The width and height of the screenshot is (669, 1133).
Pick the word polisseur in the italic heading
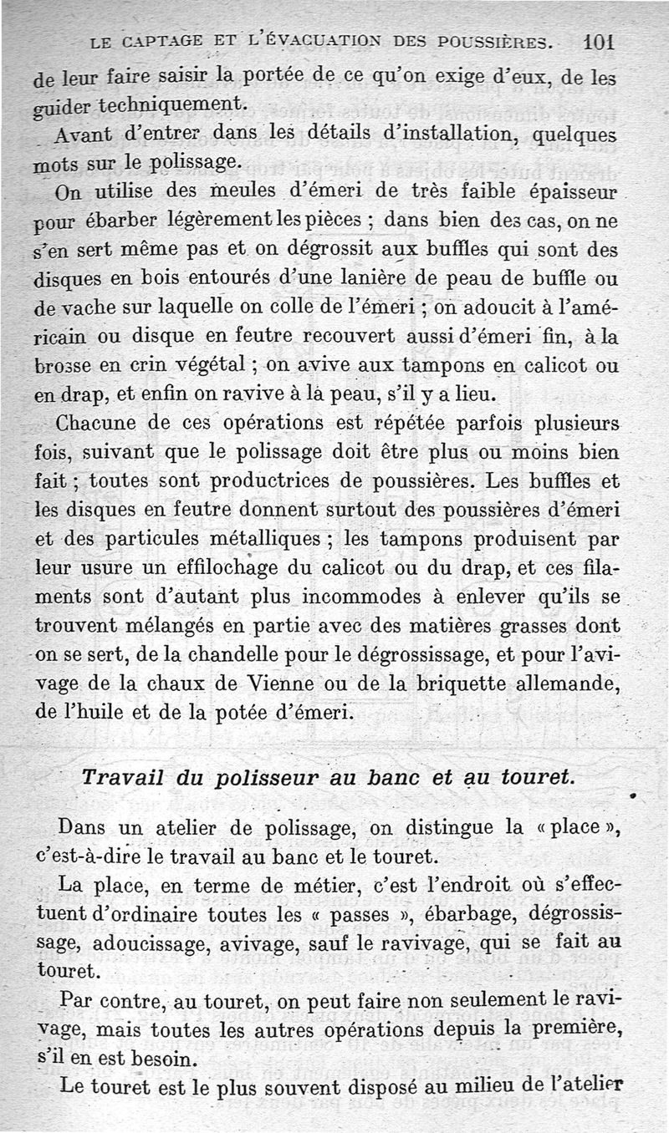coord(266,777)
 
